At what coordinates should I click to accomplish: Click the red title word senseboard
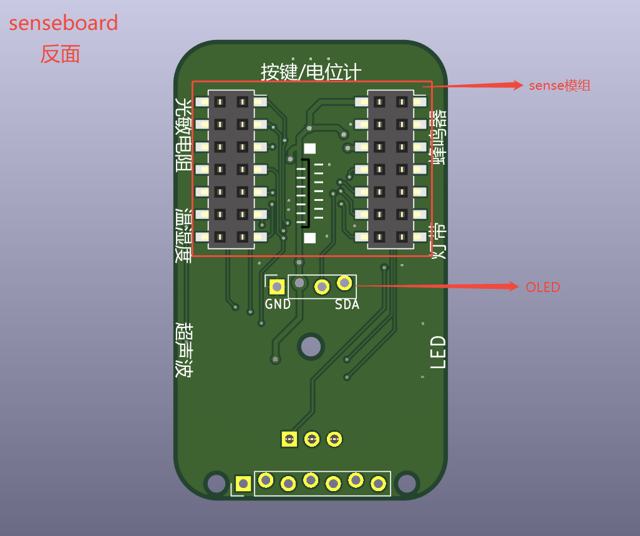63,23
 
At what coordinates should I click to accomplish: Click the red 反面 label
61,54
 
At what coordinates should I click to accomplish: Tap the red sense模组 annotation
559,85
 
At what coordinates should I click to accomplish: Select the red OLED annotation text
543,287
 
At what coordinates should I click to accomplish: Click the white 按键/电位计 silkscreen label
311,72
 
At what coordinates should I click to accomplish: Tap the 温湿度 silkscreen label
183,235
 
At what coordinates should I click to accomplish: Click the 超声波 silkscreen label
183,349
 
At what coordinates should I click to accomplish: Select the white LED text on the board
439,352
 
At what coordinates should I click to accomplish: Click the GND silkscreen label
278,305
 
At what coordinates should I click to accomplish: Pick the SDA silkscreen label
347,305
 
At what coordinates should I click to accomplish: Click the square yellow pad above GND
276,286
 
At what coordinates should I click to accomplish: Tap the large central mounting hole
310,346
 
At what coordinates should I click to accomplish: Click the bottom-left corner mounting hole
216,483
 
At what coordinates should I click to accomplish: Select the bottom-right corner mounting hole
407,483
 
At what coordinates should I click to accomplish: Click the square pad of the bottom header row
243,483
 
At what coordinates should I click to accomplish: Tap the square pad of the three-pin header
289,439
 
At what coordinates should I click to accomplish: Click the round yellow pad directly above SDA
344,283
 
